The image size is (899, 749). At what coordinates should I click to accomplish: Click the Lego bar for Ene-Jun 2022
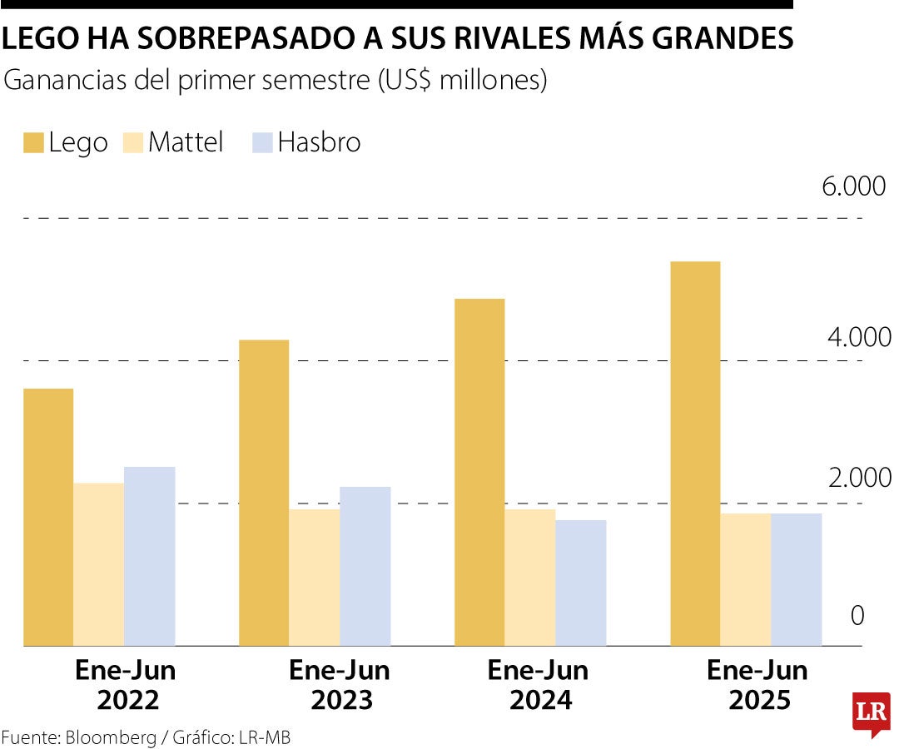point(48,516)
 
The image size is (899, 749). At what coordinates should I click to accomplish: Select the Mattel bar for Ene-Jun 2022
point(99,564)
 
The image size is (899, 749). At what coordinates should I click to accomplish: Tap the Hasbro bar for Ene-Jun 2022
point(150,556)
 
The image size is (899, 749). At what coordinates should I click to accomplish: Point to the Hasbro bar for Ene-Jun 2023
point(365,566)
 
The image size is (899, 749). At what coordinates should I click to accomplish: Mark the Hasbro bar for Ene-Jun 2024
point(581,583)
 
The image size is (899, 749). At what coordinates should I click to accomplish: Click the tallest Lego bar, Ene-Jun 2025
point(695,454)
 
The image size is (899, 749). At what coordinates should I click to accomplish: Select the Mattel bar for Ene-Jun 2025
point(746,579)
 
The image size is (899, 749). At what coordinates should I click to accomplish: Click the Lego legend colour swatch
point(33,143)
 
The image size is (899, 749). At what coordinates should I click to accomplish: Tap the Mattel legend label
point(186,142)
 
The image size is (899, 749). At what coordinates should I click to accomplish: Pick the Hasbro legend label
point(319,142)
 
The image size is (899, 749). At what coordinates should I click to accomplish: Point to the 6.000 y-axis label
point(854,186)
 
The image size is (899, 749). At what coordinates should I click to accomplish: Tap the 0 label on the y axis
point(857,616)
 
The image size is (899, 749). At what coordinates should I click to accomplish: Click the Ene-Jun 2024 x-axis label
point(538,685)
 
